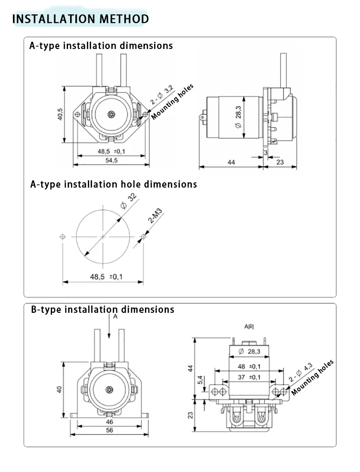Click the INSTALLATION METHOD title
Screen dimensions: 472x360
tap(80, 19)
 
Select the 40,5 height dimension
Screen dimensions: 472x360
tap(60, 115)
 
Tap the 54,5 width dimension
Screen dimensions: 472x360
tap(111, 160)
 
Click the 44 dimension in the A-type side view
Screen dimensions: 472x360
tap(231, 163)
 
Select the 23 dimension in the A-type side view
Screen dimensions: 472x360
tap(280, 163)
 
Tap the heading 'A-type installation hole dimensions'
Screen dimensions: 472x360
tap(113, 184)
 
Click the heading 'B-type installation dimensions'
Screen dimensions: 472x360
tap(102, 309)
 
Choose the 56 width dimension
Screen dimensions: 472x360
tap(109, 430)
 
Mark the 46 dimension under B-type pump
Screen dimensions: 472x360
tap(109, 422)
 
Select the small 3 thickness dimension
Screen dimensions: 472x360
tap(265, 152)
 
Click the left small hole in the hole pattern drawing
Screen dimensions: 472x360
tap(62, 236)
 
